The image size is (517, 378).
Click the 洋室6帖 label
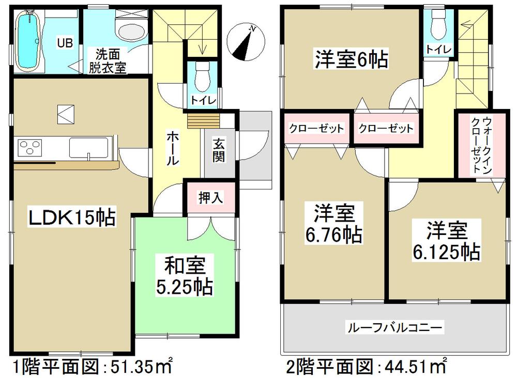coord(351,60)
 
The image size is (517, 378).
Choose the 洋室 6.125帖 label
coord(446,240)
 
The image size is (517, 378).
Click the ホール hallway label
coord(173,148)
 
